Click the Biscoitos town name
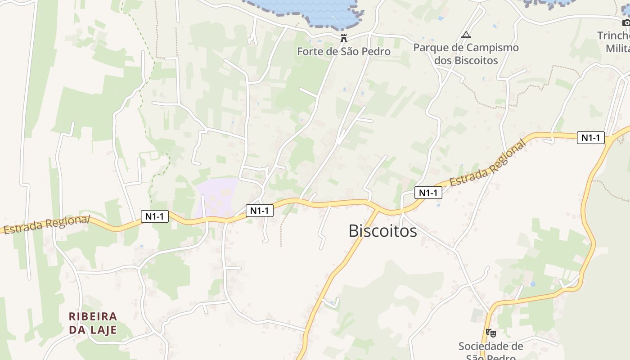pyautogui.click(x=382, y=230)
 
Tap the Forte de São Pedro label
pyautogui.click(x=344, y=51)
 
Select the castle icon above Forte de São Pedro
pyautogui.click(x=344, y=38)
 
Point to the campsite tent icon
pyautogui.click(x=466, y=35)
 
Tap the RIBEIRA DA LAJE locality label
pyautogui.click(x=93, y=323)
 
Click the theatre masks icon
pyautogui.click(x=490, y=333)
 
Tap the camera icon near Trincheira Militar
pyautogui.click(x=626, y=22)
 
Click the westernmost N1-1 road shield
pyautogui.click(x=154, y=216)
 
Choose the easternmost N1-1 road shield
pyautogui.click(x=590, y=138)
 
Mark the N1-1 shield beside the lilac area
pyautogui.click(x=260, y=210)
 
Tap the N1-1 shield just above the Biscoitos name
pyautogui.click(x=428, y=193)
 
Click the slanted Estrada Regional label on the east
pyautogui.click(x=488, y=164)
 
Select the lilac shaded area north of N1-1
pyautogui.click(x=216, y=196)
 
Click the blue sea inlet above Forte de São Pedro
pyautogui.click(x=310, y=11)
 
